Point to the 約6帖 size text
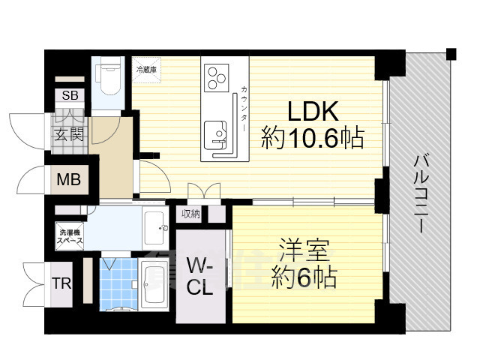click(304, 278)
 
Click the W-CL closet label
click(200, 275)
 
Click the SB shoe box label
click(70, 95)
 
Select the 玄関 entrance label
click(70, 136)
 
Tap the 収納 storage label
click(191, 214)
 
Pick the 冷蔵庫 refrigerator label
click(146, 70)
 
